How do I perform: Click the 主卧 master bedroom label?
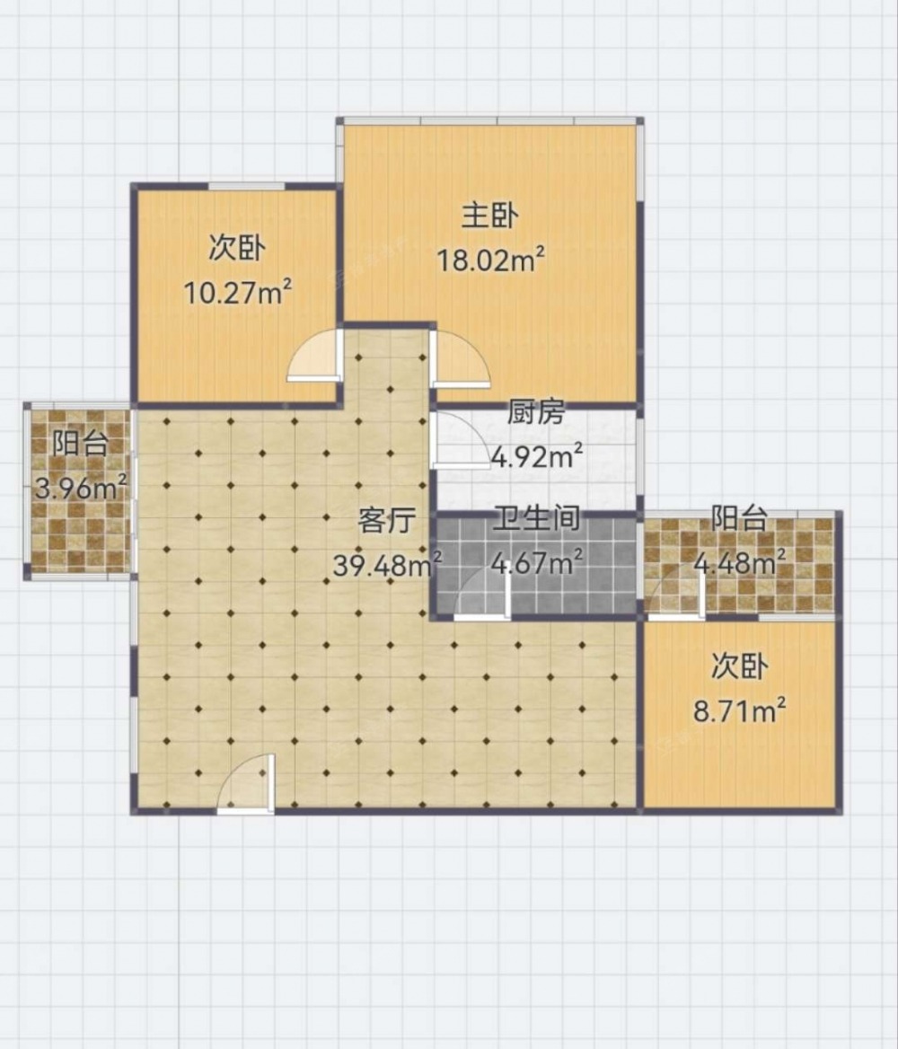coord(489,216)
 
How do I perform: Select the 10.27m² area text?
coord(238,293)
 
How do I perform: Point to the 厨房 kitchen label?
coord(536,412)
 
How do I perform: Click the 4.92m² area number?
coord(537,455)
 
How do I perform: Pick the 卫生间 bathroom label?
coord(537,518)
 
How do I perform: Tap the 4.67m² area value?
coord(537,562)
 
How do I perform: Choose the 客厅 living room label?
coord(387,520)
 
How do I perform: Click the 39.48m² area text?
coord(387,565)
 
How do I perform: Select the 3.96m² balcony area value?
coord(80,488)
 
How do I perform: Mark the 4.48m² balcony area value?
coord(739,562)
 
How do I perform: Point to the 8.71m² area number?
coord(739,710)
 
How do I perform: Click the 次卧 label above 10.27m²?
coord(237,248)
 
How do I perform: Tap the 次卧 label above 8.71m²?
coord(739,666)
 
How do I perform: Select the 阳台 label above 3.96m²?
coord(80,443)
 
